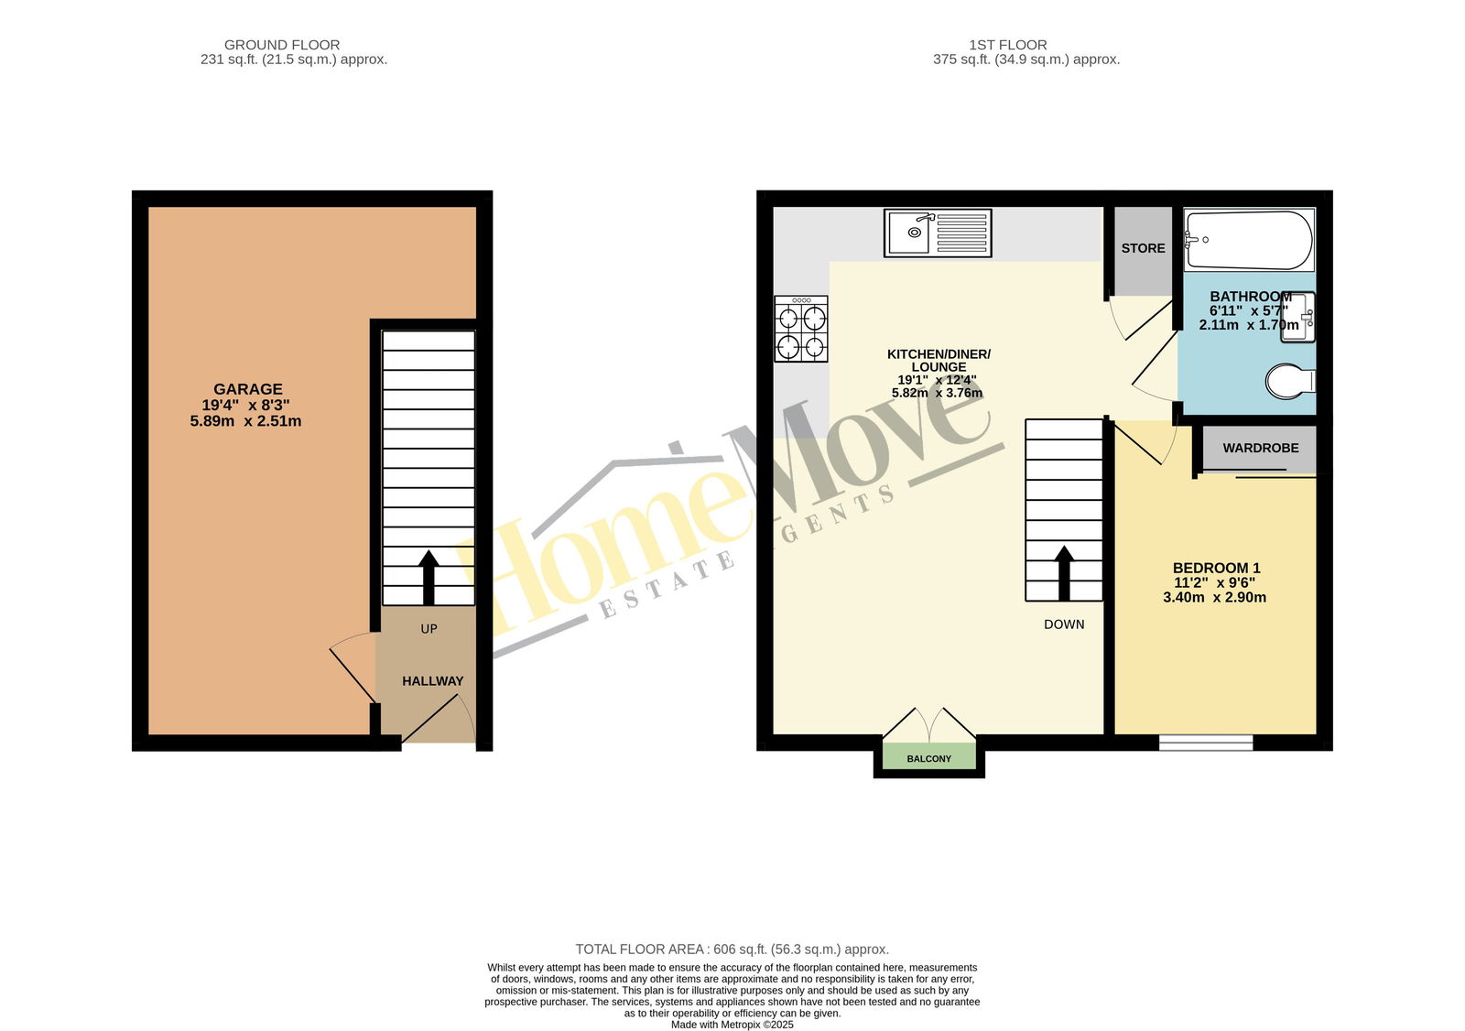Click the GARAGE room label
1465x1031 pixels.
click(x=248, y=388)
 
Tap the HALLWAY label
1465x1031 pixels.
click(x=432, y=681)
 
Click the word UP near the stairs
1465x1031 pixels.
click(x=429, y=629)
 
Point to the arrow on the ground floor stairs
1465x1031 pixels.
click(x=429, y=577)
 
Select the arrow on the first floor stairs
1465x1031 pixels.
click(x=1064, y=573)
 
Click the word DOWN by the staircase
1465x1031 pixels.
click(x=1064, y=624)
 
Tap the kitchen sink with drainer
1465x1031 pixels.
click(x=938, y=233)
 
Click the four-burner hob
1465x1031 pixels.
click(x=801, y=329)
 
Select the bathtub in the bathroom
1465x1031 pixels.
click(x=1249, y=240)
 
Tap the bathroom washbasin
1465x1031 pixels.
click(x=1297, y=317)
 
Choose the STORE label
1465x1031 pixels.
click(x=1144, y=248)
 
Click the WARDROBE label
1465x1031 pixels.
click(x=1261, y=448)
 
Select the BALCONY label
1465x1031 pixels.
click(x=928, y=759)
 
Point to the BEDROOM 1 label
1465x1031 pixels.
click(x=1217, y=568)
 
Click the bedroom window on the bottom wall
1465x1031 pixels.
click(x=1206, y=743)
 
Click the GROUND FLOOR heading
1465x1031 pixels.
click(x=282, y=45)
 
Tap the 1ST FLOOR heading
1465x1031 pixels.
click(x=1008, y=45)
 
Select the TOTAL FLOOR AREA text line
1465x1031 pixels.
click(x=732, y=950)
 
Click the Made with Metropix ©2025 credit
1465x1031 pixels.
click(x=732, y=1025)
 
